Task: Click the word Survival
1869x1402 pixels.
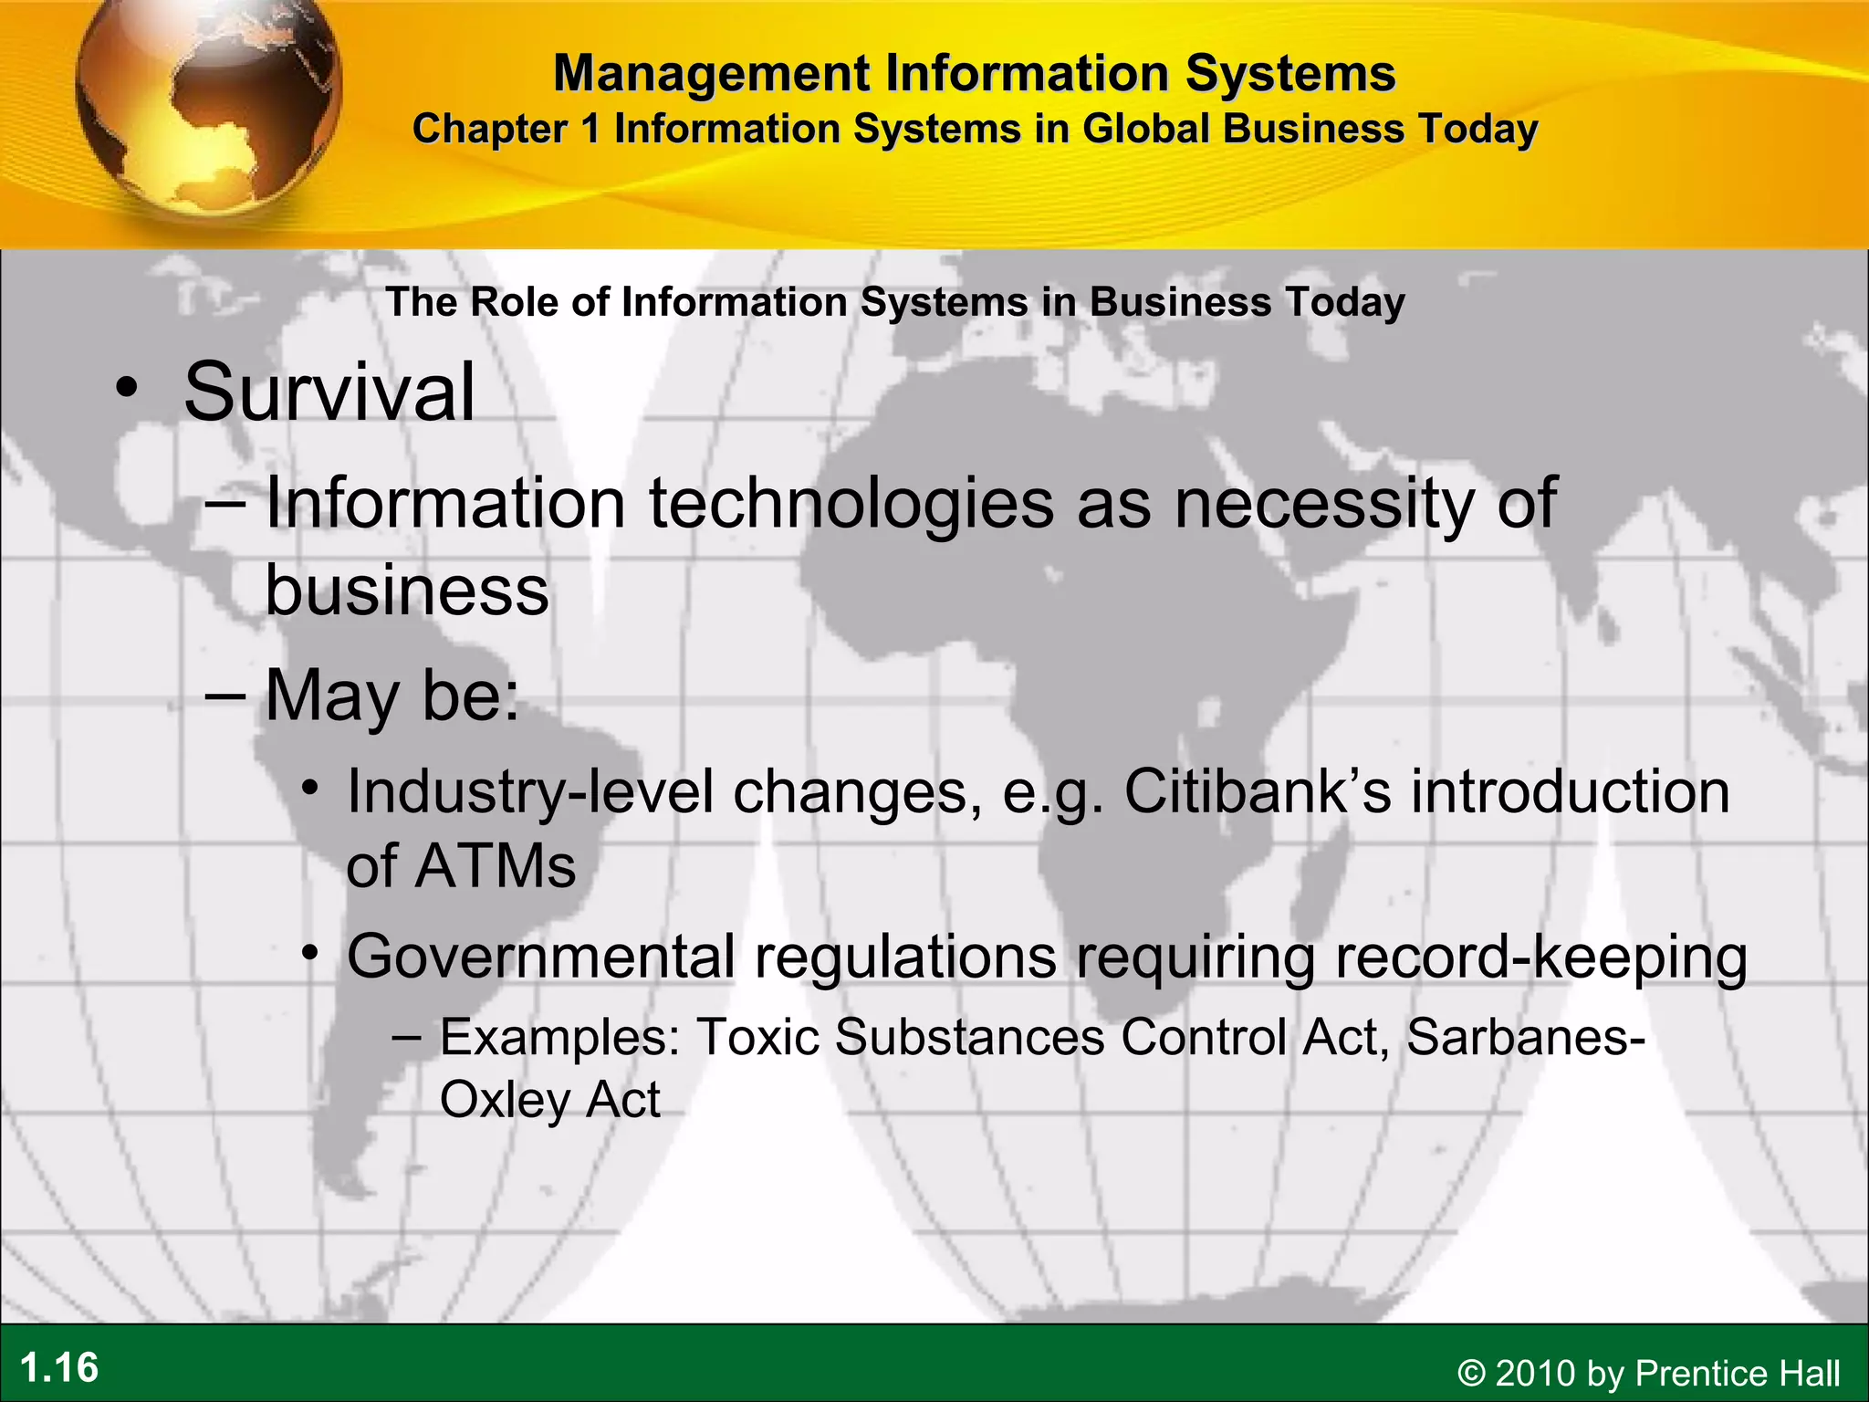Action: point(329,392)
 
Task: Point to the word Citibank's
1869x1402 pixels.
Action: point(1258,791)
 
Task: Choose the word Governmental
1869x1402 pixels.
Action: point(540,957)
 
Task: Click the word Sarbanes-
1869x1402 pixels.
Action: point(1526,1037)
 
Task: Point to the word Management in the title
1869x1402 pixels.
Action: point(711,73)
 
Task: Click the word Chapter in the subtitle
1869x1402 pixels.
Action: point(490,129)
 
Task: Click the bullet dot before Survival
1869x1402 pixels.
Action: point(127,388)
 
